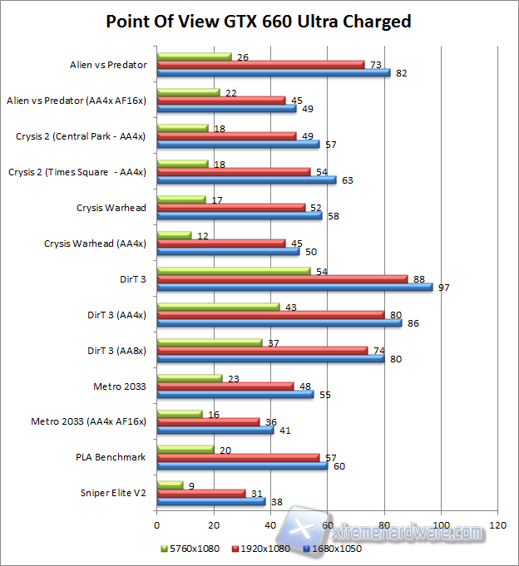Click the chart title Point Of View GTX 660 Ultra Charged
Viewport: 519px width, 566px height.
tap(259, 21)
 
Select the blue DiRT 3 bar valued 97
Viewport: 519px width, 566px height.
tap(294, 287)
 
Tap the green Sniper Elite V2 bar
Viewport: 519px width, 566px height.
tap(170, 485)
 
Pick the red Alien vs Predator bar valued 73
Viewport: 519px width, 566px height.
tap(260, 64)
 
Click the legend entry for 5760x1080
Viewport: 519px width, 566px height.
tap(190, 549)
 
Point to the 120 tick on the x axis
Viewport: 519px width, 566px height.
tap(498, 525)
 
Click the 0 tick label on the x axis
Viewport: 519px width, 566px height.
tap(156, 525)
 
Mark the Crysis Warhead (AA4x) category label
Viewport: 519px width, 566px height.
tap(95, 243)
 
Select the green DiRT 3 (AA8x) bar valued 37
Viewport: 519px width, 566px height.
tap(209, 342)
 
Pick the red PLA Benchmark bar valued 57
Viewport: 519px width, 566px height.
tap(238, 457)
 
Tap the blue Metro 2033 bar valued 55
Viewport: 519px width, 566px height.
tap(235, 394)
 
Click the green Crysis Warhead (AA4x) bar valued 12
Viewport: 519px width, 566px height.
tap(174, 234)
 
